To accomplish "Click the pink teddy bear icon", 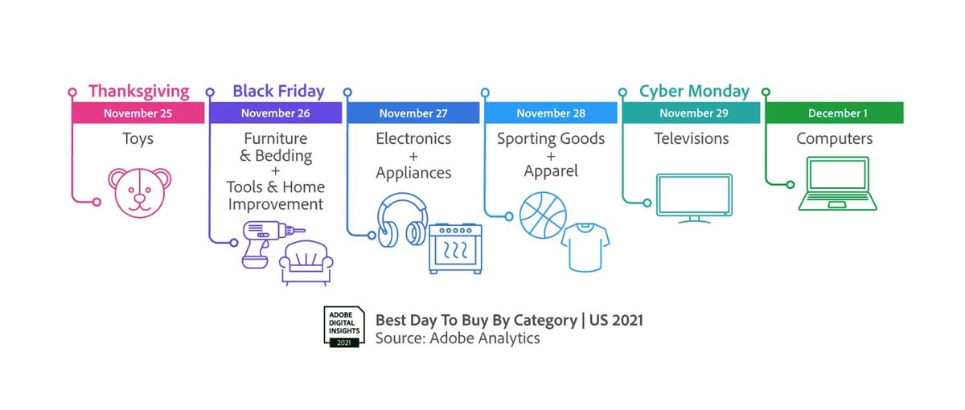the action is coord(140,192).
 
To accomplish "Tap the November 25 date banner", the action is coord(138,113).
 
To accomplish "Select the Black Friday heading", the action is coord(278,92).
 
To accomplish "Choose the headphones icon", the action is coord(402,220).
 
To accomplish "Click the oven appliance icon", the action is coord(455,248).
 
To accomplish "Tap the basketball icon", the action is coord(543,215).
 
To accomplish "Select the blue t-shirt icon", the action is coord(585,248).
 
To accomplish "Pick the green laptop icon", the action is coord(837,183).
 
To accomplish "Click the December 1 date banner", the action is coord(835,113).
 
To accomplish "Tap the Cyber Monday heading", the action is coord(694,92).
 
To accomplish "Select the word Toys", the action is coord(138,139).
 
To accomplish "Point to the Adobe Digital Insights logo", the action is coord(344,327).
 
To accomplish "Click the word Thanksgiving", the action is coord(138,92).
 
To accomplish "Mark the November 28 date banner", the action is coord(551,113).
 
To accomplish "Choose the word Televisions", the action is coord(692,138).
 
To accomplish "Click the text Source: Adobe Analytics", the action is coord(458,338).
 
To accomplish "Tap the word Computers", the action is coord(835,139).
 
